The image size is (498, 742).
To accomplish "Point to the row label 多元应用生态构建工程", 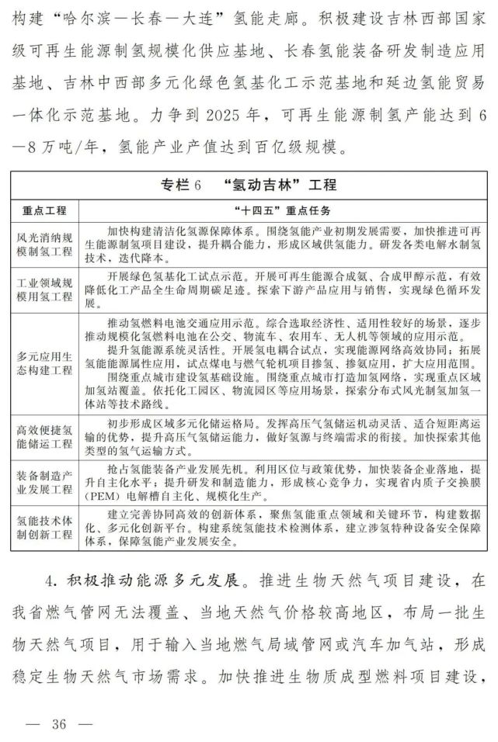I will [44, 363].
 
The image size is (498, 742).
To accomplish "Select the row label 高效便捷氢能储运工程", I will [44, 437].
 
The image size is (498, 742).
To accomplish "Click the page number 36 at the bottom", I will [59, 725].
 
